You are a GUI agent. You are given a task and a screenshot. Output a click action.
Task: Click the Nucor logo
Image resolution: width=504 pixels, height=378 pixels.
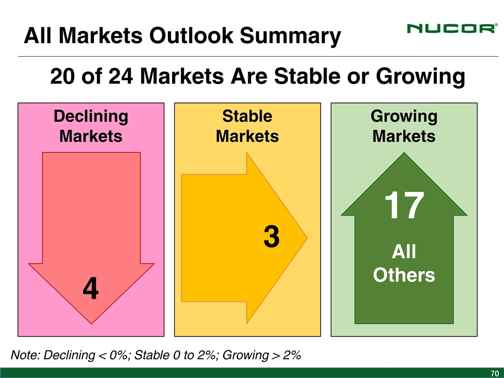tap(452, 28)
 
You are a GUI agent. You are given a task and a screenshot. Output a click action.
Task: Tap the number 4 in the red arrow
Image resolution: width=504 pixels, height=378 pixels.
tap(91, 289)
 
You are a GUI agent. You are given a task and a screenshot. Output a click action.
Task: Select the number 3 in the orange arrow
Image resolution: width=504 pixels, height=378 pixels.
tap(271, 237)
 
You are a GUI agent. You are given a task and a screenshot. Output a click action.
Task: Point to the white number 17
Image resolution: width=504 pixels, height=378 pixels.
tap(404, 205)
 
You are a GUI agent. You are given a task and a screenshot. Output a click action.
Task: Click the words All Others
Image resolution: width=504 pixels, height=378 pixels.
tap(404, 263)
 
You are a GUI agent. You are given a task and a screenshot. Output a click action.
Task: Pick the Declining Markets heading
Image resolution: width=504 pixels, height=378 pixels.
tap(91, 126)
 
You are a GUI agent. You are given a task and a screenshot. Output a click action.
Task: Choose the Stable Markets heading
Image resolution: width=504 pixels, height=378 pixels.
tap(247, 126)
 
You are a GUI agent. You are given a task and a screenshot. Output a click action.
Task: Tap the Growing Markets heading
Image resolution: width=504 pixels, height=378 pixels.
tap(404, 126)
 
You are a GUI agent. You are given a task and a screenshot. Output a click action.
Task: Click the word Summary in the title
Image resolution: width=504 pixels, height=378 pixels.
tap(290, 36)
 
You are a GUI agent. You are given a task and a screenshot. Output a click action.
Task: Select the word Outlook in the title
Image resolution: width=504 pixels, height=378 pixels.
tap(191, 35)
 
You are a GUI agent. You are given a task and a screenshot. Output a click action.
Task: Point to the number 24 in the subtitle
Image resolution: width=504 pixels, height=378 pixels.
tap(121, 77)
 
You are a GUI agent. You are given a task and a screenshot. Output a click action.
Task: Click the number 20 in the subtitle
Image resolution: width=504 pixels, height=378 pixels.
tap(62, 77)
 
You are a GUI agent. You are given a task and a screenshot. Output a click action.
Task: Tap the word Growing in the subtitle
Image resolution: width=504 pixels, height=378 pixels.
tap(421, 77)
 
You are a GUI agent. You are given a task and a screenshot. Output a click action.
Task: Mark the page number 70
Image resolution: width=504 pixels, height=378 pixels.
tap(495, 373)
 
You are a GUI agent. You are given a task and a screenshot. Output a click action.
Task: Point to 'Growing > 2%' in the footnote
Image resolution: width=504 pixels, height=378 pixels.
tap(261, 355)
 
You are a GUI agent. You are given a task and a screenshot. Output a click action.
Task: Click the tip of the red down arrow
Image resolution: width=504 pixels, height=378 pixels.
tap(91, 324)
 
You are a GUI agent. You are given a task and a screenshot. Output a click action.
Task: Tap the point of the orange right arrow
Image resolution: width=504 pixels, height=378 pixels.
tap(307, 238)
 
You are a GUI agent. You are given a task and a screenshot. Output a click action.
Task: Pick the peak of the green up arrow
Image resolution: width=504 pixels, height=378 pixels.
tap(404, 153)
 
